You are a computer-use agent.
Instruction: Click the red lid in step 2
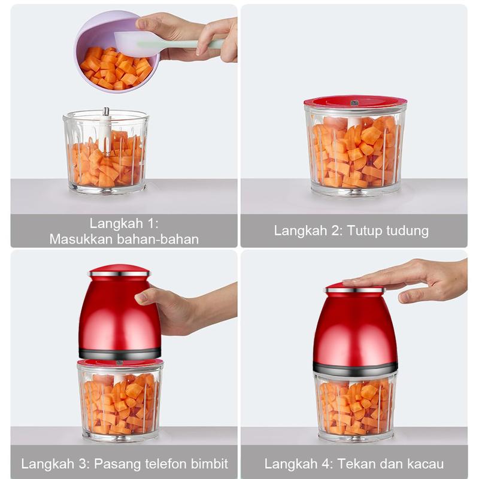355,102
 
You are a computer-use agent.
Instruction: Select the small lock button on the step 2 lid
354,102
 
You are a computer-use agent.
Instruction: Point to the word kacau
425,463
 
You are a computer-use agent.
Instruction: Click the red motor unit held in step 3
119,311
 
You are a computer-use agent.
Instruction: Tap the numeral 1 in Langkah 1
151,223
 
